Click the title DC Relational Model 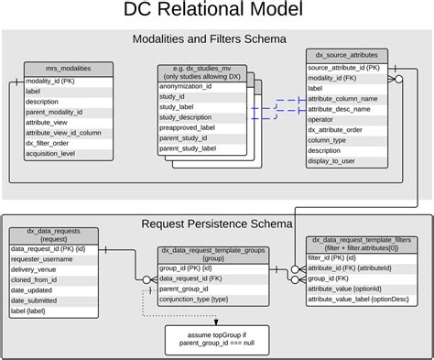[218, 12]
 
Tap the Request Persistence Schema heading [217, 223]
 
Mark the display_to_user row [332, 160]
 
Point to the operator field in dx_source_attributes [322, 119]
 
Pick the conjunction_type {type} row [194, 299]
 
